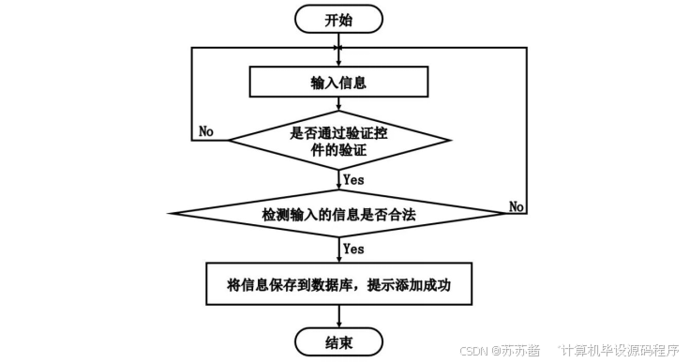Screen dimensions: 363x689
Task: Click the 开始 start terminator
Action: [337, 18]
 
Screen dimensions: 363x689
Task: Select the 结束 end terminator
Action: [338, 342]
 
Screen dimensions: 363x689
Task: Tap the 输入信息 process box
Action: [337, 83]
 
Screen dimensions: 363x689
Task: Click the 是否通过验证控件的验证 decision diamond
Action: [338, 142]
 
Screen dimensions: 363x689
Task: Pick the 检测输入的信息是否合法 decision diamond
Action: [337, 215]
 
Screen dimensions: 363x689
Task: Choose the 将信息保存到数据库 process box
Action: [338, 282]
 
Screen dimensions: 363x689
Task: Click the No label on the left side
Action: [206, 131]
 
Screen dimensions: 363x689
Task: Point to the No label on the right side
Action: [517, 204]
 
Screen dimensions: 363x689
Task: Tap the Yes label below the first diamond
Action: [353, 179]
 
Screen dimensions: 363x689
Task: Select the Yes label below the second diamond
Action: [353, 249]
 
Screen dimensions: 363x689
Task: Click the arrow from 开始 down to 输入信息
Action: [337, 49]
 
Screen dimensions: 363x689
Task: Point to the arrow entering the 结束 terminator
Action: [337, 315]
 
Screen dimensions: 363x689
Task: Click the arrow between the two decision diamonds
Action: [337, 181]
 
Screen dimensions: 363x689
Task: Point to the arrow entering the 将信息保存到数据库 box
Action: [337, 250]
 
